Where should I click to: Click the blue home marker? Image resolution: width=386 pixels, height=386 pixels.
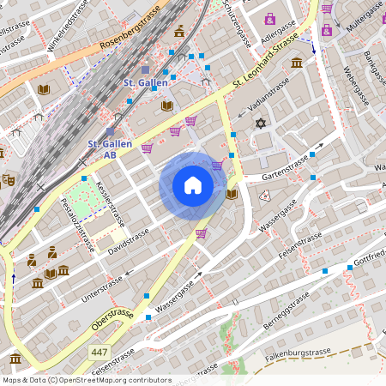pos(193,185)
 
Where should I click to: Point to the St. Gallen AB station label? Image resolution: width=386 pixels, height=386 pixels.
pos(111,149)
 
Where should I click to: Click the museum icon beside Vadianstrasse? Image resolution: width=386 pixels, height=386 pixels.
pos(297,63)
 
